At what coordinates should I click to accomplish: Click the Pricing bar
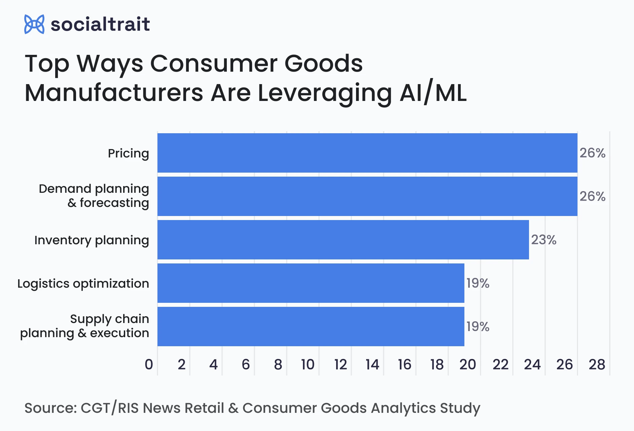coord(367,153)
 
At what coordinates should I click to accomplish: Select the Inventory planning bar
coord(343,240)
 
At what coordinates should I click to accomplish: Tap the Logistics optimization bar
coord(311,283)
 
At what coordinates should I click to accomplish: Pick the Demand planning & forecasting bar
coord(367,196)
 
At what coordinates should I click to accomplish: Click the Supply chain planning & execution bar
coord(311,326)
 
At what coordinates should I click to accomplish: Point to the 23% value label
coord(543,240)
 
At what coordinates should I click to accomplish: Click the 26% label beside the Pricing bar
coord(592,153)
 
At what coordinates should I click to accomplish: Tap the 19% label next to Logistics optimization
coord(478,283)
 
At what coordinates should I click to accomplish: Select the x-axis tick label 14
coord(372,365)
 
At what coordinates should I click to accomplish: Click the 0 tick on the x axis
coord(149,365)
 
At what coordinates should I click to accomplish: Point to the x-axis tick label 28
coord(597,365)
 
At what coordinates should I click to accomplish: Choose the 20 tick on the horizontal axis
coord(467,365)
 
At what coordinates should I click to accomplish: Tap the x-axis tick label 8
coord(278,365)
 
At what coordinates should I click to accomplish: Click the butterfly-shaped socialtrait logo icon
coord(34,24)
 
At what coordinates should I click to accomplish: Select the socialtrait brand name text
coord(100,24)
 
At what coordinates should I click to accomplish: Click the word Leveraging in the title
coord(324,93)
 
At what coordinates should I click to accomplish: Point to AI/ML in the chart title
coord(433,93)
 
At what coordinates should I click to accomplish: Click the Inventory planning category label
coord(92,240)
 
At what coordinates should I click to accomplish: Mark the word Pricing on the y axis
coord(128,153)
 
